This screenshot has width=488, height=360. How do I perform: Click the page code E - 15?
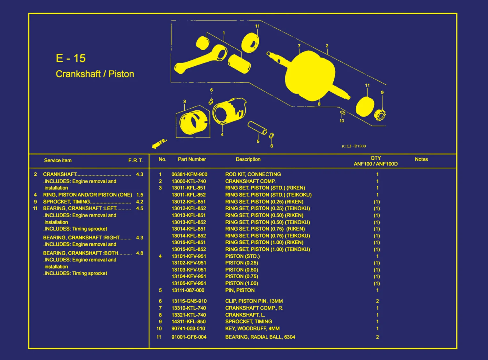click(71, 58)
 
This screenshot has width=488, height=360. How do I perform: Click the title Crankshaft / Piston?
click(95, 74)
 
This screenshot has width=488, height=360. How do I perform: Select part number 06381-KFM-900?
click(189, 174)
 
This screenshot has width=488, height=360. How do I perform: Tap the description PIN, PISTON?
click(240, 290)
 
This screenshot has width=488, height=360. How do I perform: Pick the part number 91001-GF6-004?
click(189, 337)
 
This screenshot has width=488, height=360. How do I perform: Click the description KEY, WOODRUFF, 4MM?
click(252, 329)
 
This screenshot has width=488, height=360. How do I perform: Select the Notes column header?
click(421, 159)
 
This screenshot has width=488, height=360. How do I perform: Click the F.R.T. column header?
click(136, 160)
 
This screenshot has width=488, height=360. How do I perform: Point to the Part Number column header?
click(192, 159)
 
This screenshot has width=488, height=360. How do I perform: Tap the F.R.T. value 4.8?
click(140, 253)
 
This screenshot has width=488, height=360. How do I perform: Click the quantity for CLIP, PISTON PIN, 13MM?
click(377, 301)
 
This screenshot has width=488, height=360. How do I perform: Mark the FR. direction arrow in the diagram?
click(159, 143)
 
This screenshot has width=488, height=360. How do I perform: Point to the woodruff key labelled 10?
click(342, 112)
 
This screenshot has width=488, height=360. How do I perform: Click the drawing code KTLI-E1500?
click(354, 146)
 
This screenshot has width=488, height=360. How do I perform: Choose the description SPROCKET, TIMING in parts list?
click(248, 322)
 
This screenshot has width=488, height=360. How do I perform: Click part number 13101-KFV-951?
click(189, 256)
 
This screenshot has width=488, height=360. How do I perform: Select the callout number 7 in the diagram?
click(299, 46)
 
